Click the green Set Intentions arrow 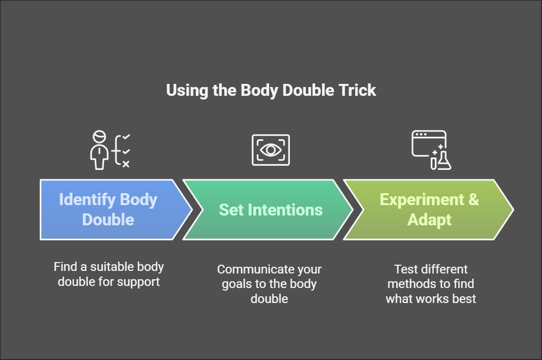[269, 209]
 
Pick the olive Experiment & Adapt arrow [429, 209]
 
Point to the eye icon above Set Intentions [270, 150]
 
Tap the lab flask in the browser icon [444, 162]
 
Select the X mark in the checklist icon [126, 164]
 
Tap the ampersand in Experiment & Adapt [473, 199]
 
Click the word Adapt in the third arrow [429, 220]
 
